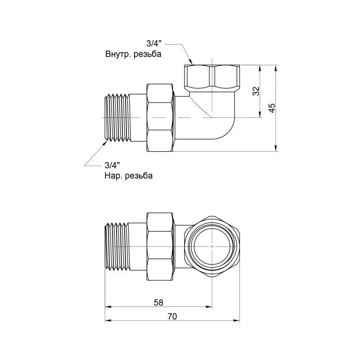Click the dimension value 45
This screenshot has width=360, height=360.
[x=272, y=108]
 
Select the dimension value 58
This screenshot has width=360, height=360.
[x=158, y=302]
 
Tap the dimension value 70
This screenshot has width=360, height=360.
[x=172, y=317]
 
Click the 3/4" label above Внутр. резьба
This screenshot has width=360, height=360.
[x=154, y=43]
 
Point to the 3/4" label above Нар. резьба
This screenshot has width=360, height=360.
[x=112, y=165]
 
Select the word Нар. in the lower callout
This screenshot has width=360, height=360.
[x=112, y=176]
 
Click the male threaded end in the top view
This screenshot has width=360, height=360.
[x=117, y=117]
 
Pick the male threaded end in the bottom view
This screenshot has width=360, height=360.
[x=117, y=246]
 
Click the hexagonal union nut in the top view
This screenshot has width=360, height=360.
[x=160, y=117]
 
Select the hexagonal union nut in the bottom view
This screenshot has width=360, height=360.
[x=160, y=247]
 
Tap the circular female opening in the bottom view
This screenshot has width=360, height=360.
[x=212, y=246]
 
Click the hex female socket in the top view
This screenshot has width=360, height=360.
[x=212, y=77]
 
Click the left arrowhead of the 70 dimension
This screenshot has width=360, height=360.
[x=108, y=321]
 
